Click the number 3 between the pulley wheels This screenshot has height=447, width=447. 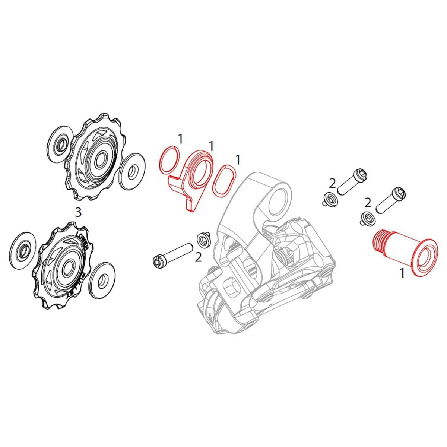tap(78, 212)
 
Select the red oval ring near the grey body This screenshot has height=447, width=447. tap(223, 179)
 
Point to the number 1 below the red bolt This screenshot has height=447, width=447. tap(402, 273)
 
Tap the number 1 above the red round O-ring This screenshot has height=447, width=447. tap(180, 139)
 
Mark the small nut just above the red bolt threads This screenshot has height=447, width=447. tap(366, 218)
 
